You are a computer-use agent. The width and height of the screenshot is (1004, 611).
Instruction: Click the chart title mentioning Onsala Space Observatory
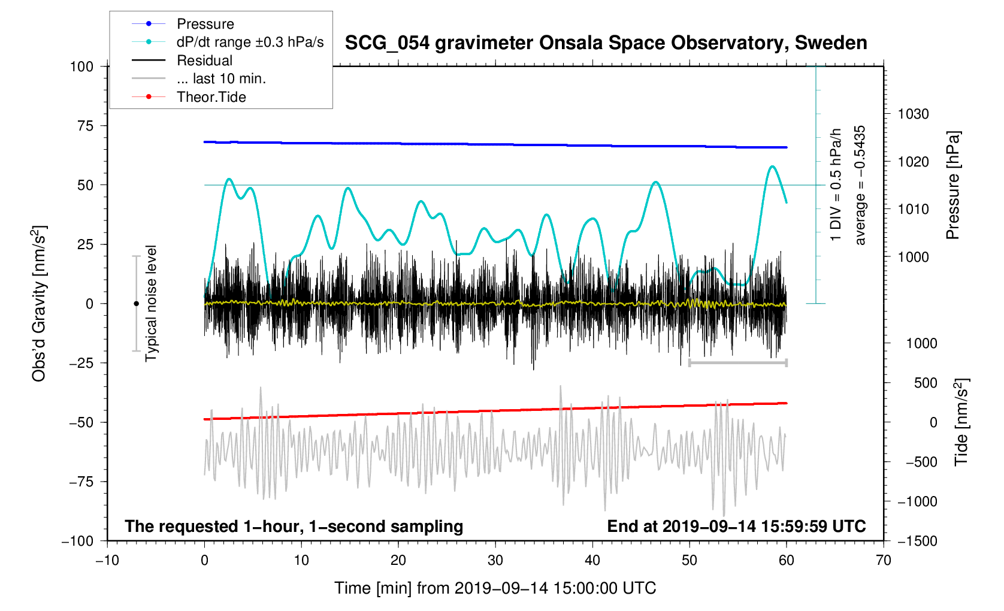pos(606,43)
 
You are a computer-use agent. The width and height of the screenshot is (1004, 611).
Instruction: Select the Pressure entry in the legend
pos(205,24)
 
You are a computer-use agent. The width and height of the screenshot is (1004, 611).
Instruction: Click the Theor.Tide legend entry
pos(211,97)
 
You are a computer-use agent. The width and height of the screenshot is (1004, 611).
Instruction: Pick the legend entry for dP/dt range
pos(250,42)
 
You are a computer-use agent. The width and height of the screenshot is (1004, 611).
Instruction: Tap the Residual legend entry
pos(204,61)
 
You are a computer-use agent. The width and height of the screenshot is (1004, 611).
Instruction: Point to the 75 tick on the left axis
pos(81,126)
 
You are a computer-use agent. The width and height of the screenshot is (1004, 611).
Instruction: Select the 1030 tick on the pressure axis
pos(912,114)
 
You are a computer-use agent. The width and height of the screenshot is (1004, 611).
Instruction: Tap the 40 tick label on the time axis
pos(592,561)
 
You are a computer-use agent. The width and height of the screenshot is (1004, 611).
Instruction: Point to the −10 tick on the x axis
pos(107,561)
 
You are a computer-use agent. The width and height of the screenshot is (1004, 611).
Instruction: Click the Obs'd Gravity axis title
pos(40,304)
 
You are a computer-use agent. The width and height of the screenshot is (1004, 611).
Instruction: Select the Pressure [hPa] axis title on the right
pos(952,185)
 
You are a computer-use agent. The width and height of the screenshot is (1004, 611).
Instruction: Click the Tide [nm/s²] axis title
pos(962,422)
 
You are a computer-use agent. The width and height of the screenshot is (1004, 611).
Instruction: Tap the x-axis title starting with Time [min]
pos(495,588)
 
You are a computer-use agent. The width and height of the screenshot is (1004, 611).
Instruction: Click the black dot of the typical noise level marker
pos(136,304)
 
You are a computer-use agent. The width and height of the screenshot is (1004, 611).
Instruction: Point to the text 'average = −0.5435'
pos(860,185)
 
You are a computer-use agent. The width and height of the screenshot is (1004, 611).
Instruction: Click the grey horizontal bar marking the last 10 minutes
pos(737,363)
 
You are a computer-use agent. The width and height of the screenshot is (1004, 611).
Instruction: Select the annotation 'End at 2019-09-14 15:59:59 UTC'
pos(736,527)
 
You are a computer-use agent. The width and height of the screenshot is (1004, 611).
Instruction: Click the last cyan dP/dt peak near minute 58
pos(772,167)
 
